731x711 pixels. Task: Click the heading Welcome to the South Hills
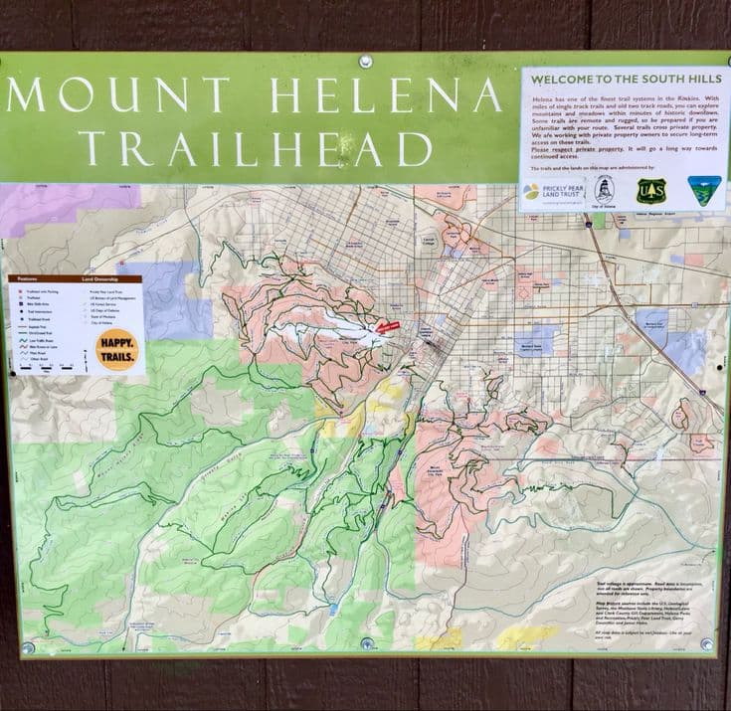[625, 81]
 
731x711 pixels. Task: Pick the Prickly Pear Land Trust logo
[551, 191]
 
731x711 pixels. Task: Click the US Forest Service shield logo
[651, 190]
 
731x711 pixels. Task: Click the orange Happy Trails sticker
[116, 350]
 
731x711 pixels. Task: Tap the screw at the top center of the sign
[365, 62]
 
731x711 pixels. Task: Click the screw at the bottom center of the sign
[367, 643]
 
